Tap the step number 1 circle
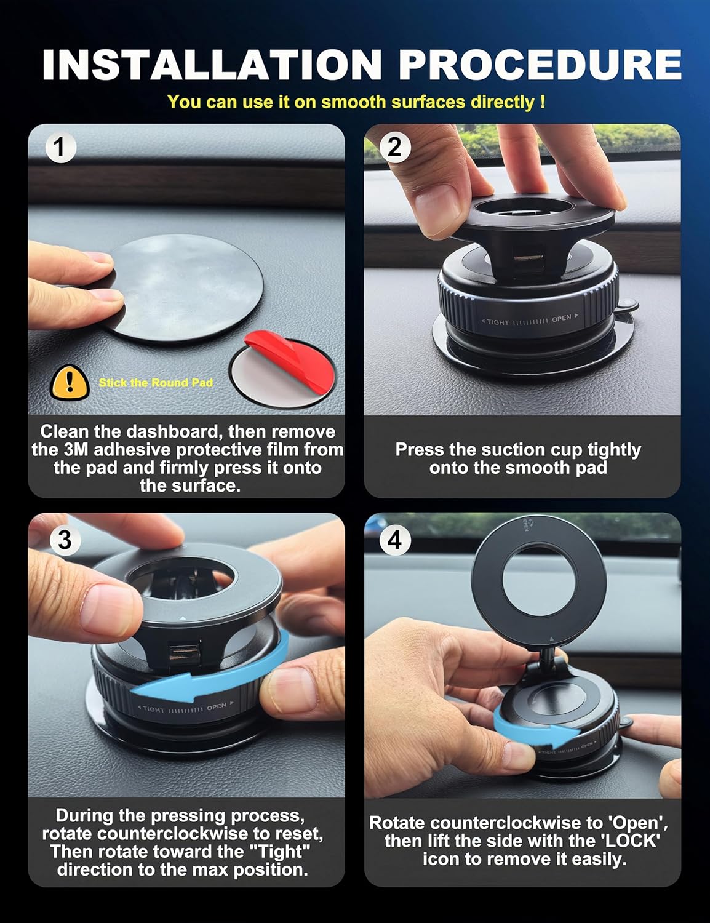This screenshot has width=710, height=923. coord(60,148)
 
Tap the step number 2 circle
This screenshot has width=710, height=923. coord(394,148)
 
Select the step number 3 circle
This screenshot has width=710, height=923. coord(64,540)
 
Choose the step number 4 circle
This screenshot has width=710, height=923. coord(394,540)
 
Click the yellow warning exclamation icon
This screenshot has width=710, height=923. coord(70,382)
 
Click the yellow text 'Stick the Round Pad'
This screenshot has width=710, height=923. coord(156,383)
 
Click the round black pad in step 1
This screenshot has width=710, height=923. coord(185,286)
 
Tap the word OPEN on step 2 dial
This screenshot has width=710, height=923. coord(561,318)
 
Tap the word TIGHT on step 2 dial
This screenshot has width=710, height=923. coord(497,322)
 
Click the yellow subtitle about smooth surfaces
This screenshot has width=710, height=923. coord(356,102)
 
